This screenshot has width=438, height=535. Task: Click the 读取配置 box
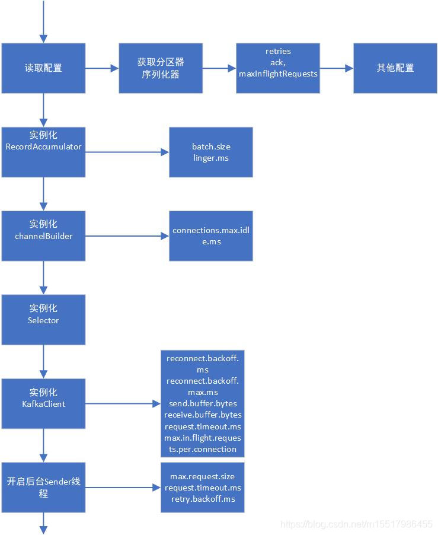(x=43, y=68)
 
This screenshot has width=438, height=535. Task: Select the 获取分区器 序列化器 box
(x=161, y=68)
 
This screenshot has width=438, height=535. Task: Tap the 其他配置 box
(x=395, y=68)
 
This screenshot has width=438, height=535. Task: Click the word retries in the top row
(x=278, y=52)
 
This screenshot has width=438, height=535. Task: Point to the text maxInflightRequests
(x=278, y=74)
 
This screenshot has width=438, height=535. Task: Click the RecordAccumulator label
(x=43, y=147)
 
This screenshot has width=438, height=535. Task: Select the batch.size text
(x=211, y=147)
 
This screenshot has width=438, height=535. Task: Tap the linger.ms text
(x=211, y=158)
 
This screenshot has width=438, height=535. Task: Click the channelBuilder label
(x=43, y=236)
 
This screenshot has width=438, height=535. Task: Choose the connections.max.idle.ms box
(x=211, y=236)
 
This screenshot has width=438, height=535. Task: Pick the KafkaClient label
(x=43, y=404)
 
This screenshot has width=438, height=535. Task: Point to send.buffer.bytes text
(x=203, y=403)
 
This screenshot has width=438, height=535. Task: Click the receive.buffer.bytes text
(x=203, y=415)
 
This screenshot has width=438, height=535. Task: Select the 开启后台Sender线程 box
(x=43, y=487)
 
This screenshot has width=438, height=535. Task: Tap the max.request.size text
(x=203, y=476)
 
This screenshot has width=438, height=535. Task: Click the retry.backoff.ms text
(x=203, y=499)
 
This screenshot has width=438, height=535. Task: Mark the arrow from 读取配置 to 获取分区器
(x=102, y=68)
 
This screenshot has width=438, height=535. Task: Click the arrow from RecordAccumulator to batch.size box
(x=127, y=152)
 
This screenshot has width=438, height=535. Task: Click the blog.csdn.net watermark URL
(x=356, y=524)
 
